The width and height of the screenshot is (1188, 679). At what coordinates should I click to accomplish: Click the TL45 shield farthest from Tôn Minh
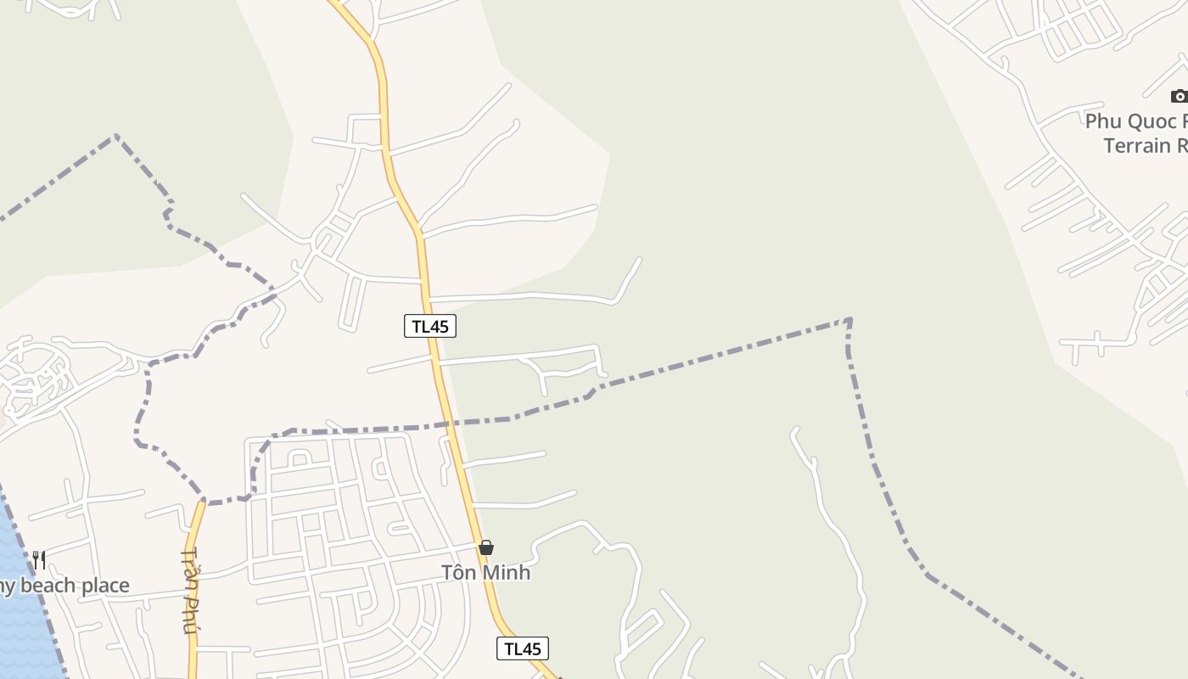(x=430, y=326)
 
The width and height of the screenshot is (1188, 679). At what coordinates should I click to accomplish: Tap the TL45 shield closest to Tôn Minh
(x=523, y=649)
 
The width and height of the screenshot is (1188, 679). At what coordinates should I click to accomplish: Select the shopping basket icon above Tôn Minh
(x=486, y=548)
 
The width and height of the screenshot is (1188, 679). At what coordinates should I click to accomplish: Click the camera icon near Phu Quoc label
(x=1179, y=96)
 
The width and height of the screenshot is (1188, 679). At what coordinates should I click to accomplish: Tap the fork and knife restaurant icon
(x=39, y=559)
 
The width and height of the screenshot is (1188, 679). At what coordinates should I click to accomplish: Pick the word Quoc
(x=1156, y=121)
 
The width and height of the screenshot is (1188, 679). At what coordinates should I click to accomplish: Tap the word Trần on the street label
(x=189, y=567)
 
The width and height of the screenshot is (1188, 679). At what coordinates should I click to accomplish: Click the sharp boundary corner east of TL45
(x=849, y=320)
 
